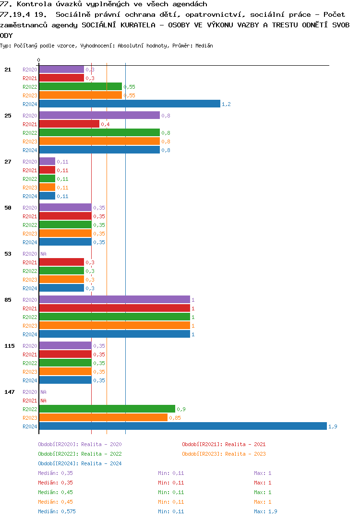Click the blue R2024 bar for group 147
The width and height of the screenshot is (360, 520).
182,426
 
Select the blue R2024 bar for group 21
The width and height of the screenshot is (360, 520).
130,104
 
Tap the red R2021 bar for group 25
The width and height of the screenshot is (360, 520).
69,124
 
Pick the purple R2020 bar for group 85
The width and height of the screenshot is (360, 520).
114,300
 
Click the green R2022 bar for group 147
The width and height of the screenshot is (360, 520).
107,409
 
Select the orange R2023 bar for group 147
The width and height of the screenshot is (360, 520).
103,418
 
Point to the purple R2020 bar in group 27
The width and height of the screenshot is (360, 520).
47,162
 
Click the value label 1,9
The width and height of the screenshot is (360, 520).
333,426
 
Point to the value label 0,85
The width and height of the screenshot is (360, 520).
175,418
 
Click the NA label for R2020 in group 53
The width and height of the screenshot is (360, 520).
43,254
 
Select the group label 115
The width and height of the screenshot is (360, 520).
10,346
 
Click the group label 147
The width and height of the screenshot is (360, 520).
10,392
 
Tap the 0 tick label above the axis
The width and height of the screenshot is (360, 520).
39,60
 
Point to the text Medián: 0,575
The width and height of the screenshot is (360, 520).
57,511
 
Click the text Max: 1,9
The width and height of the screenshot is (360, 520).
265,511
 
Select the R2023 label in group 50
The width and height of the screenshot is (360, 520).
30,234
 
